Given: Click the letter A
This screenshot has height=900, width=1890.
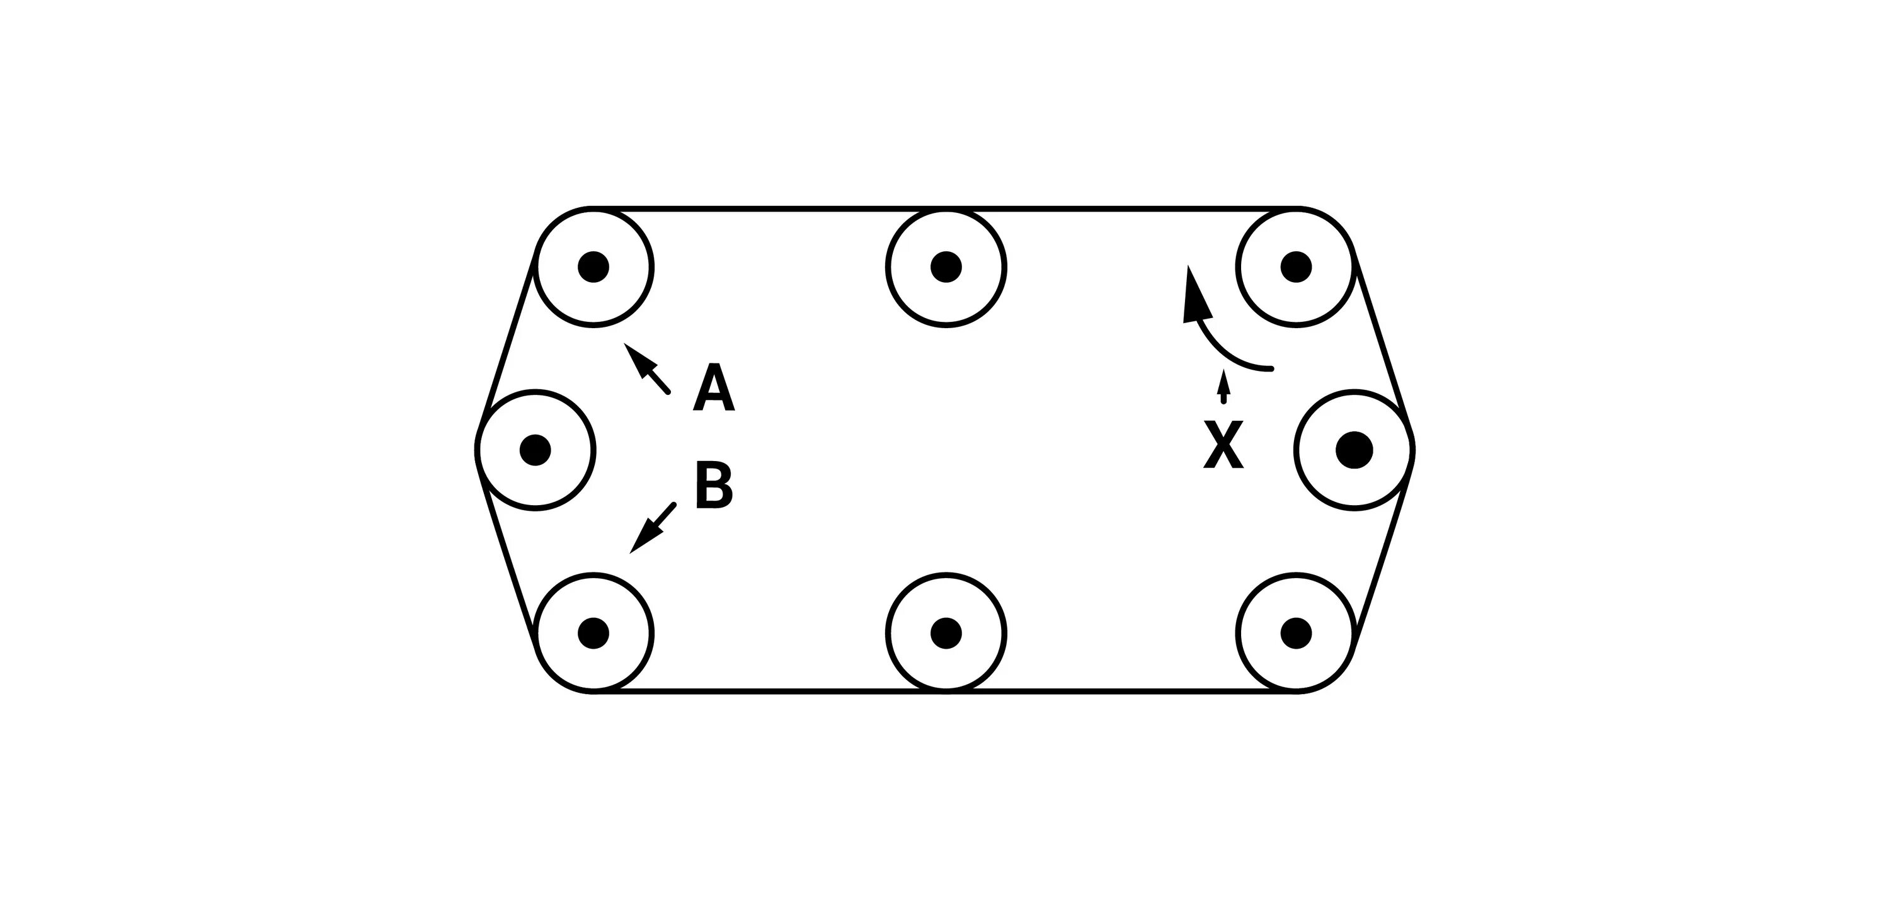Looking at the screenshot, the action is click(713, 387).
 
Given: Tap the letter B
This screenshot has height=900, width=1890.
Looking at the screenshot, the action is click(713, 485).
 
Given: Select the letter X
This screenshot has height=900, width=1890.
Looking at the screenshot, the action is click(1223, 444).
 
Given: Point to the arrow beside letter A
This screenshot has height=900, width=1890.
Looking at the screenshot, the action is click(646, 368).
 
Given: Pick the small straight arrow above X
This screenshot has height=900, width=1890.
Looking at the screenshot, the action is click(1222, 387).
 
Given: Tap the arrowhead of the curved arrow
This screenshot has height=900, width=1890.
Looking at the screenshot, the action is click(1194, 297).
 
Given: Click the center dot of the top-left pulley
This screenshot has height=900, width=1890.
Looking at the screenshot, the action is click(593, 266).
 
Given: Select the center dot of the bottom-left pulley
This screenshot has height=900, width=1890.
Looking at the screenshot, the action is click(593, 632).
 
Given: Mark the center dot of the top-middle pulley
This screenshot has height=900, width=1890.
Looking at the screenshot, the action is click(946, 266).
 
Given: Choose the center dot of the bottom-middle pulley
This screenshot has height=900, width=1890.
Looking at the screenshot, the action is click(946, 632).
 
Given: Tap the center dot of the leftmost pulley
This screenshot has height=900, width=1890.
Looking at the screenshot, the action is click(535, 450).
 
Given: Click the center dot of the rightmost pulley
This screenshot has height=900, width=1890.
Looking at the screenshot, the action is click(1354, 450).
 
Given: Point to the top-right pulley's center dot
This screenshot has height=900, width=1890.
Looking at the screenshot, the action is click(1296, 266).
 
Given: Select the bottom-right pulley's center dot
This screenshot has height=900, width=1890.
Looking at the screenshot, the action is click(1296, 632).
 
